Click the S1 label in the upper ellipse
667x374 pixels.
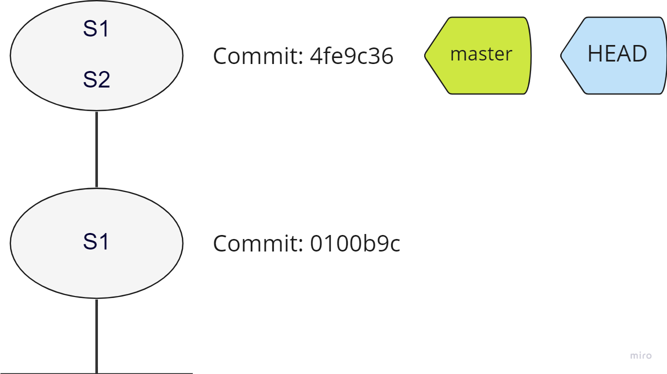[x=96, y=29]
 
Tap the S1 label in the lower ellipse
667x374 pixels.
[x=96, y=242]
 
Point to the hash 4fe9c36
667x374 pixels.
[x=351, y=56]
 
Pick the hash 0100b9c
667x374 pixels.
[x=355, y=244]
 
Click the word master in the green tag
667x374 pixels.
[x=481, y=54]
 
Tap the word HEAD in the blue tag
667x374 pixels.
[x=617, y=54]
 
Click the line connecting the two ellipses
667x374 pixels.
[x=96, y=149]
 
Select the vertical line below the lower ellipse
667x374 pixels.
[x=96, y=335]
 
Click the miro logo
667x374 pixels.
[x=641, y=355]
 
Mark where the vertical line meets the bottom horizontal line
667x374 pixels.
[x=96, y=372]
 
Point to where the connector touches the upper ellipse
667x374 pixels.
[x=96, y=111]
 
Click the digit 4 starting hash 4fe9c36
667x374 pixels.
[x=316, y=56]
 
